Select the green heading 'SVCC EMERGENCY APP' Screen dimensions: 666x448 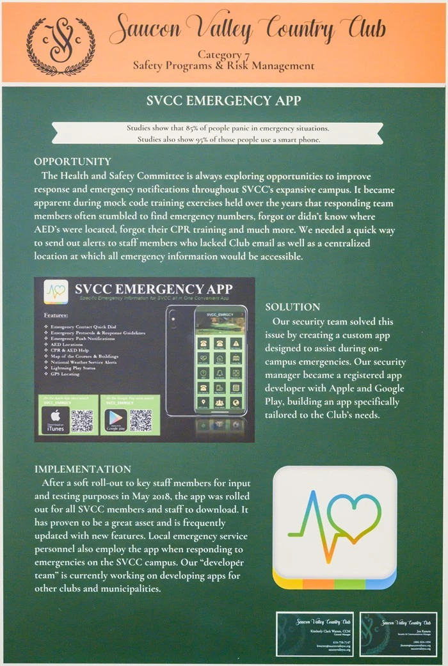[x=223, y=100]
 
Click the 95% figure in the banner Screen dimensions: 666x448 [x=205, y=139]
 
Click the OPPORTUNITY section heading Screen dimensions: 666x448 [x=72, y=162]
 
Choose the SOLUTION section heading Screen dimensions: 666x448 [x=292, y=307]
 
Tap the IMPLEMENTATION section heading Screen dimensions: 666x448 [x=83, y=469]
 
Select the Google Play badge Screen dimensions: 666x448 [x=113, y=420]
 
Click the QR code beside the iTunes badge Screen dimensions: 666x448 [x=82, y=420]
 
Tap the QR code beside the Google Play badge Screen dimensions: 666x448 [x=141, y=420]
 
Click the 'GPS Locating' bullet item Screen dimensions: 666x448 [x=72, y=374]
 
